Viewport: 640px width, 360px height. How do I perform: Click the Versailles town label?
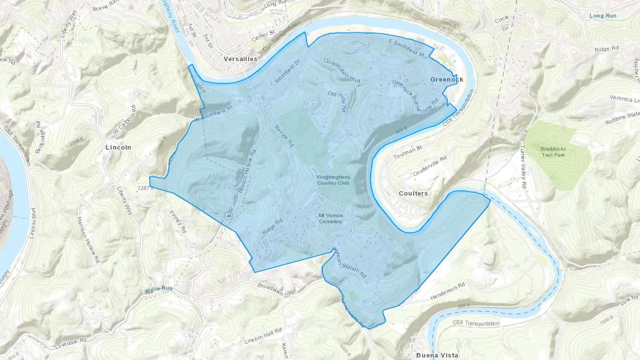coord(240,59)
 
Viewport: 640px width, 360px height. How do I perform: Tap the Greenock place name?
coord(447,80)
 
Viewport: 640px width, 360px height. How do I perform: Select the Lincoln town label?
coord(118,147)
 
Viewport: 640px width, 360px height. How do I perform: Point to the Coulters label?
coord(413,194)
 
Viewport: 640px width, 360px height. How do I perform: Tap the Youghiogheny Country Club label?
coord(334,180)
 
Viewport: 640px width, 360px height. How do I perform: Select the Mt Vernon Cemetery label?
coord(331,219)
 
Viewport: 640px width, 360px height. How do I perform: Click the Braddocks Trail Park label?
coord(553,152)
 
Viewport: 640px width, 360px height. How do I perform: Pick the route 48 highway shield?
coord(229,216)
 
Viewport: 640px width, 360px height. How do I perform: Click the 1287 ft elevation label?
coord(145,188)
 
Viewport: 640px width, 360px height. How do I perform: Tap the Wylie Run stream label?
coord(158,289)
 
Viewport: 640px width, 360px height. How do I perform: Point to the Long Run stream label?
coord(603,16)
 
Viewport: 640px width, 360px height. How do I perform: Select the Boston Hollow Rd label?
coord(247,171)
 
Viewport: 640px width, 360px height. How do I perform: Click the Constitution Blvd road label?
coord(341,70)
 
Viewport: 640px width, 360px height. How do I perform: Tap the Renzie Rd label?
coord(284,136)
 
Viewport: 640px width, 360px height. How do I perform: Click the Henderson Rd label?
coord(447,291)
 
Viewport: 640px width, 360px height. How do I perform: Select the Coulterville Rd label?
coord(430,166)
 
